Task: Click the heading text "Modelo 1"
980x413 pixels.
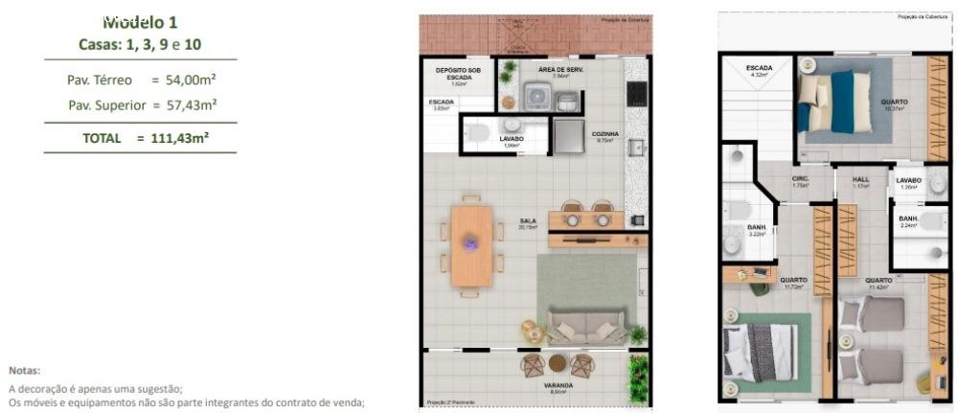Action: pyautogui.click(x=140, y=21)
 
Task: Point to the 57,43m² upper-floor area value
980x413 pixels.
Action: pyautogui.click(x=188, y=104)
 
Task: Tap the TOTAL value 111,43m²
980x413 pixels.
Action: pyautogui.click(x=180, y=138)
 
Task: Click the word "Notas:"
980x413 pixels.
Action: pyautogui.click(x=25, y=369)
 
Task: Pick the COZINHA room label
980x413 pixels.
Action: pyautogui.click(x=604, y=134)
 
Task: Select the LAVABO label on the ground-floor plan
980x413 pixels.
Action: pyautogui.click(x=512, y=139)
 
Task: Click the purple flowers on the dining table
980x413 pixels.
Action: pyautogui.click(x=470, y=243)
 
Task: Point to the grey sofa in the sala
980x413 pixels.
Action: pyautogui.click(x=585, y=326)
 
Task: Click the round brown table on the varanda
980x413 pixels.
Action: pyautogui.click(x=558, y=363)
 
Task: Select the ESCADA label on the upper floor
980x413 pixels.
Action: pyautogui.click(x=760, y=68)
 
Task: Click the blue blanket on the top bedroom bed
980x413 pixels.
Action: pyautogui.click(x=842, y=101)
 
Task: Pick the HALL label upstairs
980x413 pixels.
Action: pyautogui.click(x=860, y=179)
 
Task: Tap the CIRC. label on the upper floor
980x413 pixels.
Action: pyautogui.click(x=801, y=179)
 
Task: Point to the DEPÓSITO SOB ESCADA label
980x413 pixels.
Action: pyautogui.click(x=458, y=74)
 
